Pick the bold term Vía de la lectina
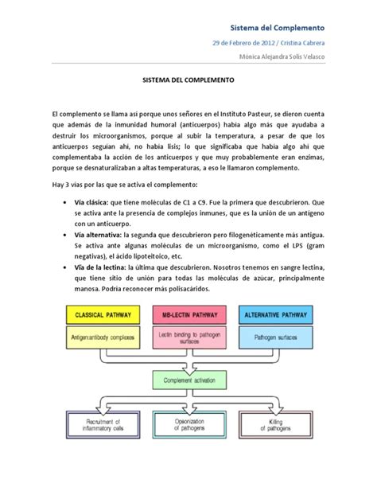[107, 269]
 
